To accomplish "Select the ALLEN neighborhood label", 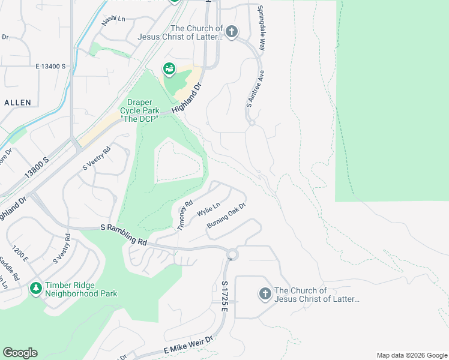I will pos(17,103).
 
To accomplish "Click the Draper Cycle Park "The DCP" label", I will pos(139,110).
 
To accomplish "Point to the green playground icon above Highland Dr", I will pos(169,70).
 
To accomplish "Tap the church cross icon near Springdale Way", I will pos(232,31).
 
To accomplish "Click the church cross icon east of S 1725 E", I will pos(265,294).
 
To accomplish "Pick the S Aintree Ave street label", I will pos(254,88).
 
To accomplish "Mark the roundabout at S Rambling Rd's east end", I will pos(232,255).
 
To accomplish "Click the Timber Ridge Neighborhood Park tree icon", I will pos(36,289).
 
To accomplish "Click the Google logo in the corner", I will pos(20,353).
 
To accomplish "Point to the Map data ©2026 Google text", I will pos(411,355).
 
